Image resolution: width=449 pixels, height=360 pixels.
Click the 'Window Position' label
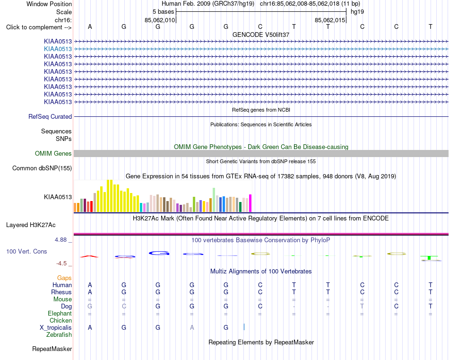(49, 4)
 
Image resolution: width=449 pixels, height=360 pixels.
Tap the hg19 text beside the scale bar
(357, 12)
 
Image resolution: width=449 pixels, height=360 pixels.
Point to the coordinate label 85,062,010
(159, 20)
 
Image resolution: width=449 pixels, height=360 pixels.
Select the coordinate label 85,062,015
(329, 20)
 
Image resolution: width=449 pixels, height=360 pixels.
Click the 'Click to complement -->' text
(39, 27)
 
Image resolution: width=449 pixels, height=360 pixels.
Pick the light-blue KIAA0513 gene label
(58, 49)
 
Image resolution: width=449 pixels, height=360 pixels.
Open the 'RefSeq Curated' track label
(50, 117)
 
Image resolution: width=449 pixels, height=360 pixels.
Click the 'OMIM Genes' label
(53, 154)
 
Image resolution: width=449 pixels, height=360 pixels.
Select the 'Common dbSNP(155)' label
(42, 168)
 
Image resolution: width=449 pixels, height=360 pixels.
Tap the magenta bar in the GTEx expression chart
(250, 203)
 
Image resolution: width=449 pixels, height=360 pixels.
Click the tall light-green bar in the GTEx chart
(214, 200)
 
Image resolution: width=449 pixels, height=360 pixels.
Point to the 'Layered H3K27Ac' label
(31, 225)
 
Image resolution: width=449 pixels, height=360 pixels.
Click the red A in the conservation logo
(89, 256)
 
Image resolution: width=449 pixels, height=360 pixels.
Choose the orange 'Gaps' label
(64, 278)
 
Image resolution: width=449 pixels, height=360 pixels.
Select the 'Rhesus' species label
(61, 292)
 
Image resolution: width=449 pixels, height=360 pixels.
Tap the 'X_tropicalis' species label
(56, 328)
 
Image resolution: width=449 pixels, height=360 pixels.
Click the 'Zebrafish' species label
(59, 335)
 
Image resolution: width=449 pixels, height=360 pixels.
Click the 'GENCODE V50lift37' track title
(261, 35)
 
